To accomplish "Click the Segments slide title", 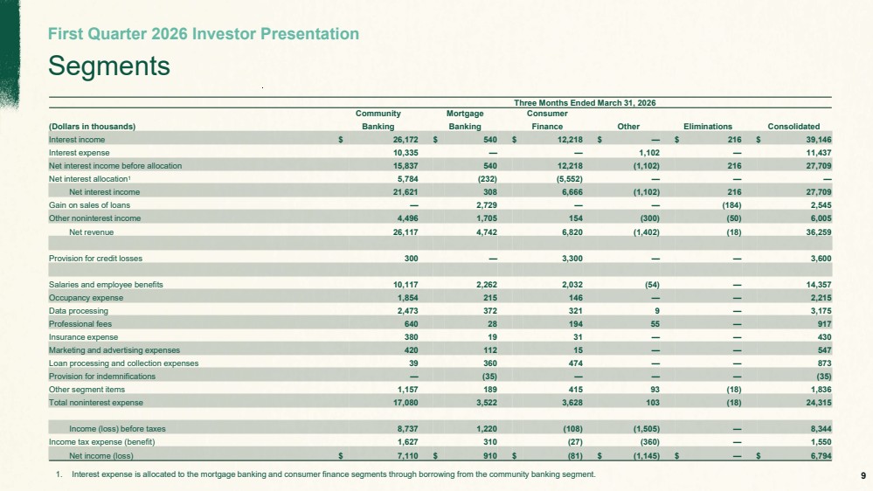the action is [109, 66].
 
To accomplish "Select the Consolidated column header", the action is [793, 127].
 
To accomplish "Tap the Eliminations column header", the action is [708, 127].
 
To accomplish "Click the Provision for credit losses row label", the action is [95, 259].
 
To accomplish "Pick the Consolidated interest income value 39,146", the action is [819, 140].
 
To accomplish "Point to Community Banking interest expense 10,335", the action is [405, 153].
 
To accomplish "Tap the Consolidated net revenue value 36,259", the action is [819, 232].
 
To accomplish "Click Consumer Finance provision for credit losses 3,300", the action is [572, 259].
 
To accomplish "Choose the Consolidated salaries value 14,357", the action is [819, 285].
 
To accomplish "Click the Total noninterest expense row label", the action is [96, 403].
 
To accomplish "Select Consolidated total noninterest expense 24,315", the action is [819, 403].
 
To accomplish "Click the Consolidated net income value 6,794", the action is [821, 456].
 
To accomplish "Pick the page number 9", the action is [863, 475].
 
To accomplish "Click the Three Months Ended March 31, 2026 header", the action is [585, 103].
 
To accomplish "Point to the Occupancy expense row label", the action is [86, 298].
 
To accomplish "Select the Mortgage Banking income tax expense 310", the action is [490, 442].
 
